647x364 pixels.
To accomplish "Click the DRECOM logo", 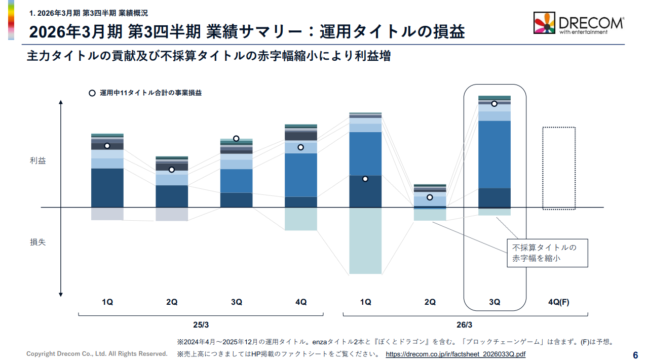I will (x=579, y=23).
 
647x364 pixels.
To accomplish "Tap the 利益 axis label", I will (x=38, y=161).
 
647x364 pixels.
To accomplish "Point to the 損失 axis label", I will (x=38, y=242).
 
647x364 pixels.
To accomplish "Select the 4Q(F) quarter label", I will (x=559, y=302).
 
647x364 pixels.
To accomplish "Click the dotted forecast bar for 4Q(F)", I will (x=559, y=168).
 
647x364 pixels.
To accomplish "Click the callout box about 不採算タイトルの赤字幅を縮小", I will (x=547, y=253).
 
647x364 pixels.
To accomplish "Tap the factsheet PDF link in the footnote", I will (x=455, y=354).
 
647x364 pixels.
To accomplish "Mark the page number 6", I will (x=635, y=355).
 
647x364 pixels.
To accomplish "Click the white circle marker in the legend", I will (x=92, y=93).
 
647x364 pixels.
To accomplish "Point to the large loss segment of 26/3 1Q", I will (x=365, y=240).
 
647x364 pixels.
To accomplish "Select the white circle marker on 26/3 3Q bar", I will (x=494, y=104).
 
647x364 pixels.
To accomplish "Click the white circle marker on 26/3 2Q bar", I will (x=430, y=197).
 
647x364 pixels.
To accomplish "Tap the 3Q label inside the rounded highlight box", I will (x=494, y=302).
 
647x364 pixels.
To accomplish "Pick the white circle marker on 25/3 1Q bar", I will (x=107, y=146).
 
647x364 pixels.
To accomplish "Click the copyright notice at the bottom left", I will (x=97, y=354).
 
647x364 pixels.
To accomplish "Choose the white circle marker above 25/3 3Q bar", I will (x=236, y=138).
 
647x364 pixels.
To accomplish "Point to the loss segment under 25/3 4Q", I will (x=300, y=219).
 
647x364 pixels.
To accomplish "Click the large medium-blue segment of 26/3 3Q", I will (x=494, y=154).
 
